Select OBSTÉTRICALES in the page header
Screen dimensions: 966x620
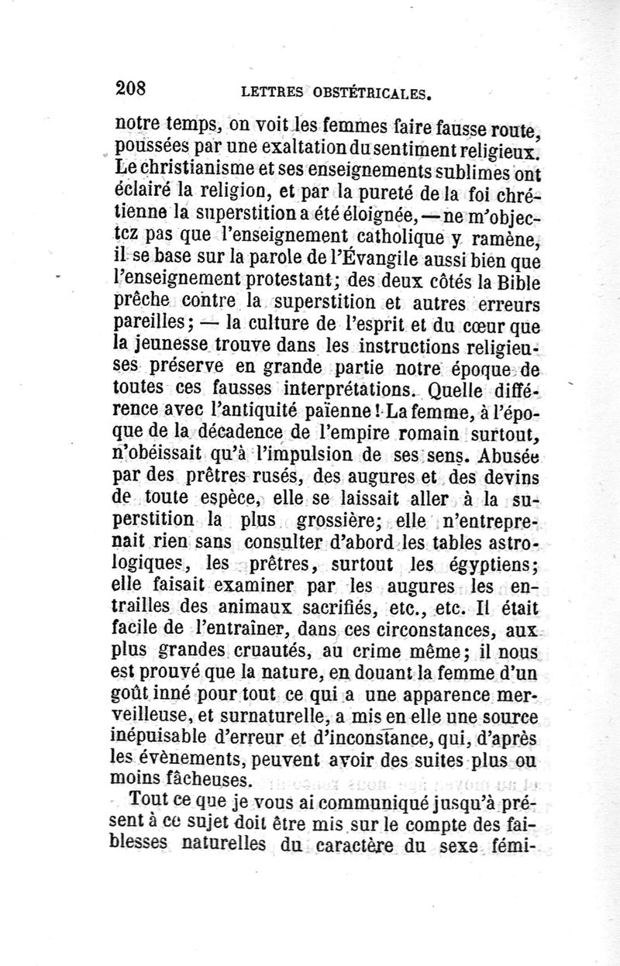(368, 93)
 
